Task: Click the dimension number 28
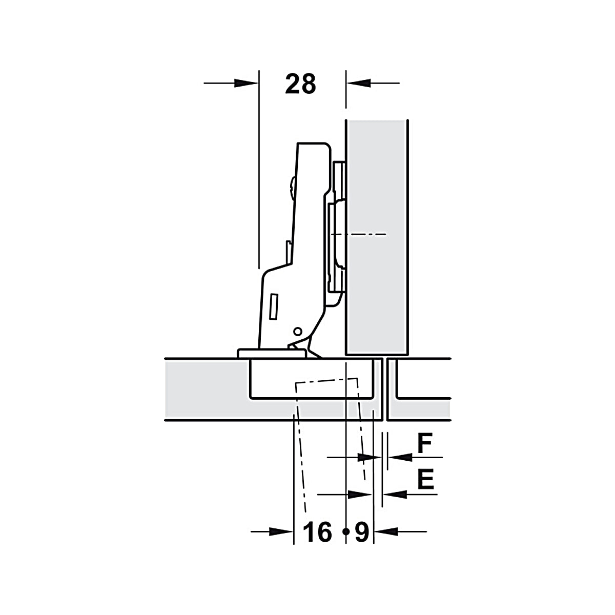[x=300, y=84]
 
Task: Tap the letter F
[x=425, y=443]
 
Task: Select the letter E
[x=426, y=479]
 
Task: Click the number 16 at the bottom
[x=317, y=532]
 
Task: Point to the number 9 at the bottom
[x=362, y=532]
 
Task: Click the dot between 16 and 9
[x=345, y=531]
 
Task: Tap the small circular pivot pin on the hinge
[x=297, y=332]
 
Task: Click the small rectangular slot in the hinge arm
[x=274, y=306]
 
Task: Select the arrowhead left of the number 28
[x=246, y=84]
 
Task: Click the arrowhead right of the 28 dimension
[x=359, y=84]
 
